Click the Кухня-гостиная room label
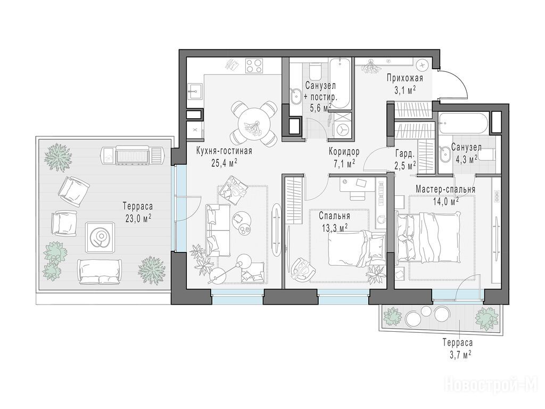coord(224,151)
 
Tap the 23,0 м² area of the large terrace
coord(138,218)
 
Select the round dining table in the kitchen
coord(254,123)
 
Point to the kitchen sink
coord(195,92)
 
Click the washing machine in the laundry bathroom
coord(343,129)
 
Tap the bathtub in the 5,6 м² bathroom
coord(340,84)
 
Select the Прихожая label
coord(405,78)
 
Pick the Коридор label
coord(344,152)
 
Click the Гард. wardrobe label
coord(405,153)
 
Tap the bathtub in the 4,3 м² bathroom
coord(463,123)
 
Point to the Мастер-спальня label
coord(445,190)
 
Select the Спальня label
coord(334,216)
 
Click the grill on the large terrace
coord(133,155)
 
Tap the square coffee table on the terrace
coord(100,237)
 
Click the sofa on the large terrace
coord(100,271)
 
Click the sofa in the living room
coord(218,230)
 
